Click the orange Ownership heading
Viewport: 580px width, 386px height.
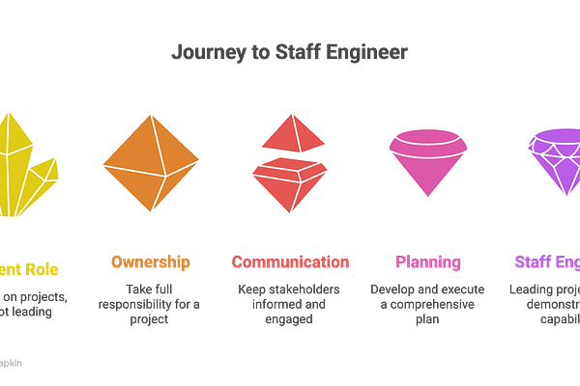point(149,262)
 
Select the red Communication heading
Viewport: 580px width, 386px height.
point(289,262)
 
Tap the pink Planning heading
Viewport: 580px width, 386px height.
point(428,262)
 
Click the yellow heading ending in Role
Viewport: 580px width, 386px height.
point(29,262)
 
